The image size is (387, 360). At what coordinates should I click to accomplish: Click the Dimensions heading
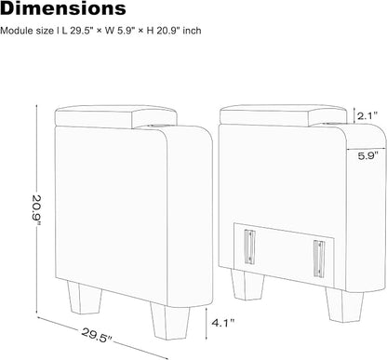(63, 8)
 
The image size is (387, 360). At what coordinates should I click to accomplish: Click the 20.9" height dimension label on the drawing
(37, 210)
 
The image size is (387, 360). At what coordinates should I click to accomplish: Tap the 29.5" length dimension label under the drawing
(97, 336)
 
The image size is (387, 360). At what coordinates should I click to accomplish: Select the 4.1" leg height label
(223, 323)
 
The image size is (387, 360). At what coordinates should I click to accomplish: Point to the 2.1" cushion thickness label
(367, 116)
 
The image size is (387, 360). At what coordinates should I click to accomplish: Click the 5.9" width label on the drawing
(368, 155)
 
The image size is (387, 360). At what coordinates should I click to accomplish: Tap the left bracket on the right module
(249, 247)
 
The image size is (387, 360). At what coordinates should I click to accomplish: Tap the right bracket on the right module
(318, 259)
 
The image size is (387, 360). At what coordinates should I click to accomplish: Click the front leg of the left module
(170, 321)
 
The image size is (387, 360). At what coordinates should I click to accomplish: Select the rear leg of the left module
(85, 297)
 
